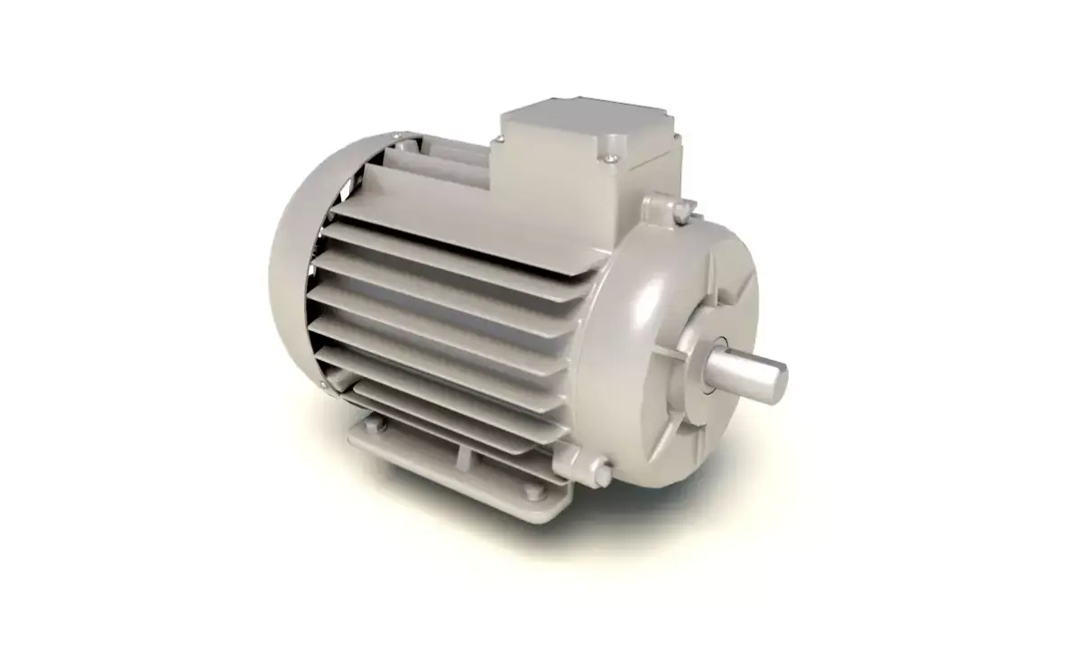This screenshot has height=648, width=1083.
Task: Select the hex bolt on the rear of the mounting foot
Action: click(380, 425)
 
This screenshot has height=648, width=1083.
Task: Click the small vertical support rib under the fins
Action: click(461, 456)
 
